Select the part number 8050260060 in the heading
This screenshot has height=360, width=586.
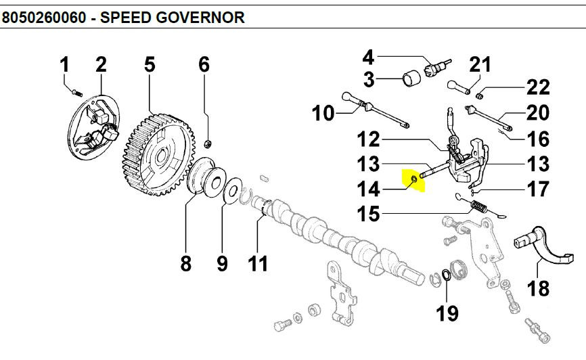pos(44,18)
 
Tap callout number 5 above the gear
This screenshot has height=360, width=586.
pos(150,65)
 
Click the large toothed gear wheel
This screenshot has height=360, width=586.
pos(159,155)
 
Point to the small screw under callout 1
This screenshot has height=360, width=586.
pos(77,92)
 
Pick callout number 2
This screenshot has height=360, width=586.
pos(101,65)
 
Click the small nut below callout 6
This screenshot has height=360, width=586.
pos(208,143)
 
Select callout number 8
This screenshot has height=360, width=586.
pos(185,263)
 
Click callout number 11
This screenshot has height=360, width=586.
pos(258,263)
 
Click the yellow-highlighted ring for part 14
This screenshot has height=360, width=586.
pos(414,180)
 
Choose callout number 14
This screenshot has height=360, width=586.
pos(369,189)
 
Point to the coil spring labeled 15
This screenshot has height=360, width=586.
pos(480,206)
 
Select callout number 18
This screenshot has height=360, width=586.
pos(538,288)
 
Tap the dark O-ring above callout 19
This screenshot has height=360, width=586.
pos(446,275)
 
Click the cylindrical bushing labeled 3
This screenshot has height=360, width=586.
pos(411,78)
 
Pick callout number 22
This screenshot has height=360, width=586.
pos(538,88)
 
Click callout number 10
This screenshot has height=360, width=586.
pos(323,113)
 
